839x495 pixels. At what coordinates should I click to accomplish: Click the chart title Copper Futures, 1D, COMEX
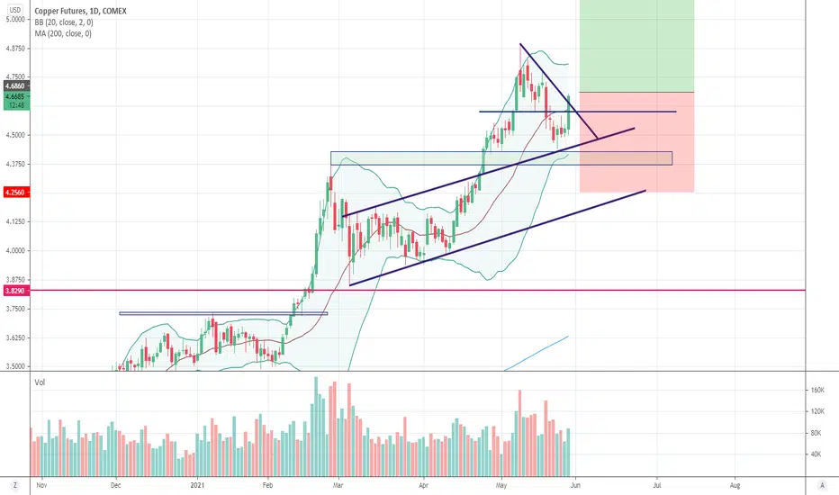point(80,11)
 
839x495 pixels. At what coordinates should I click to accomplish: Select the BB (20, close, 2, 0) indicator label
point(64,22)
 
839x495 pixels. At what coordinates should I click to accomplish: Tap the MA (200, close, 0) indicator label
point(63,33)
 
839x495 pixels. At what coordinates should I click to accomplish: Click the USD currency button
point(15,10)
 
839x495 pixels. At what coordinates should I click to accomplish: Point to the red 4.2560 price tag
point(15,192)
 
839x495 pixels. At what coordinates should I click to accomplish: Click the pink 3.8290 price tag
point(15,291)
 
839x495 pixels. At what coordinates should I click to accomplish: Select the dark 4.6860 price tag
point(15,85)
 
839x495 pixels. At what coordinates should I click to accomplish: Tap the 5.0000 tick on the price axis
point(15,19)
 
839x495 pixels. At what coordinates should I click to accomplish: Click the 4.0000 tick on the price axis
point(15,250)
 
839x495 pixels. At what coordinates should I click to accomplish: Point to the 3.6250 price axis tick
point(15,337)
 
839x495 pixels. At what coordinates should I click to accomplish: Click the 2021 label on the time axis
point(198,485)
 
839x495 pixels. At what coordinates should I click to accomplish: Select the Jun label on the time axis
point(575,485)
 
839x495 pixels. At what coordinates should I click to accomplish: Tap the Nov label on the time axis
point(41,485)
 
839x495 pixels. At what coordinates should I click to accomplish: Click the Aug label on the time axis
point(735,485)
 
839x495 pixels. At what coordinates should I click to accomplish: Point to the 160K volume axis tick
point(817,390)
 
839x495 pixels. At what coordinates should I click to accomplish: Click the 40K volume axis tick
point(816,454)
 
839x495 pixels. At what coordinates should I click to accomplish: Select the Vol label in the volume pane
point(40,382)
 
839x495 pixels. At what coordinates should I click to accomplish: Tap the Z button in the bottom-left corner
point(15,485)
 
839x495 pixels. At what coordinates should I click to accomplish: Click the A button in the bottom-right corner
point(823,485)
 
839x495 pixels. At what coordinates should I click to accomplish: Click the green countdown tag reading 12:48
point(16,105)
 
